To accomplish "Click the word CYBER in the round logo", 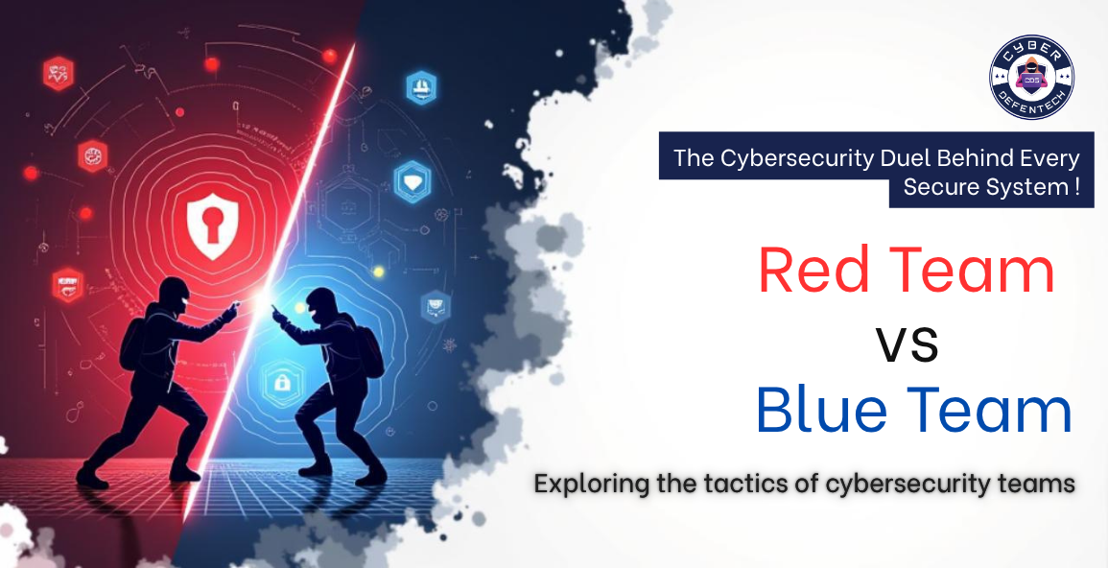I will (x=1031, y=48).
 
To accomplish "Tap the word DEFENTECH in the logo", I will (x=1031, y=106).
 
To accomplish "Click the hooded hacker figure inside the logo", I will (x=1031, y=76).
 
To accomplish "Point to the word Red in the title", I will (x=813, y=271).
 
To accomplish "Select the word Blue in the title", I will (x=813, y=410).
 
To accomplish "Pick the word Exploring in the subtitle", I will (x=591, y=484).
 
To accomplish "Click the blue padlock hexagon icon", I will (x=282, y=382).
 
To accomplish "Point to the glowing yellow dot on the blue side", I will (x=378, y=272).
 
